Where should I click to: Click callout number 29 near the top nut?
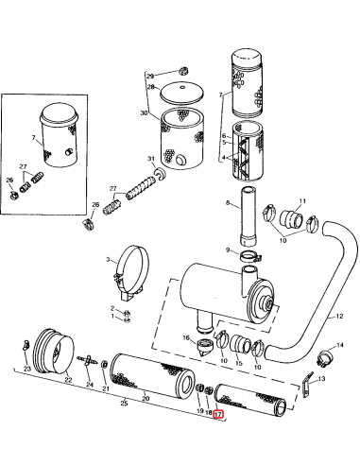pos(148,75)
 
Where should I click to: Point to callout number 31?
pos(150,158)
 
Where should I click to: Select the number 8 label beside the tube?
pos(227,202)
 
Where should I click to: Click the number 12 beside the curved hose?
pos(336,318)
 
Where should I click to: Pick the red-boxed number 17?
pos(218,413)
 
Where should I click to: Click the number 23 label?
pos(26,368)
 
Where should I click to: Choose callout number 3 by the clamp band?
pos(110,261)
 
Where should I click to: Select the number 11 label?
pos(302,201)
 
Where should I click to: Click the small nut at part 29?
pos(181,72)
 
